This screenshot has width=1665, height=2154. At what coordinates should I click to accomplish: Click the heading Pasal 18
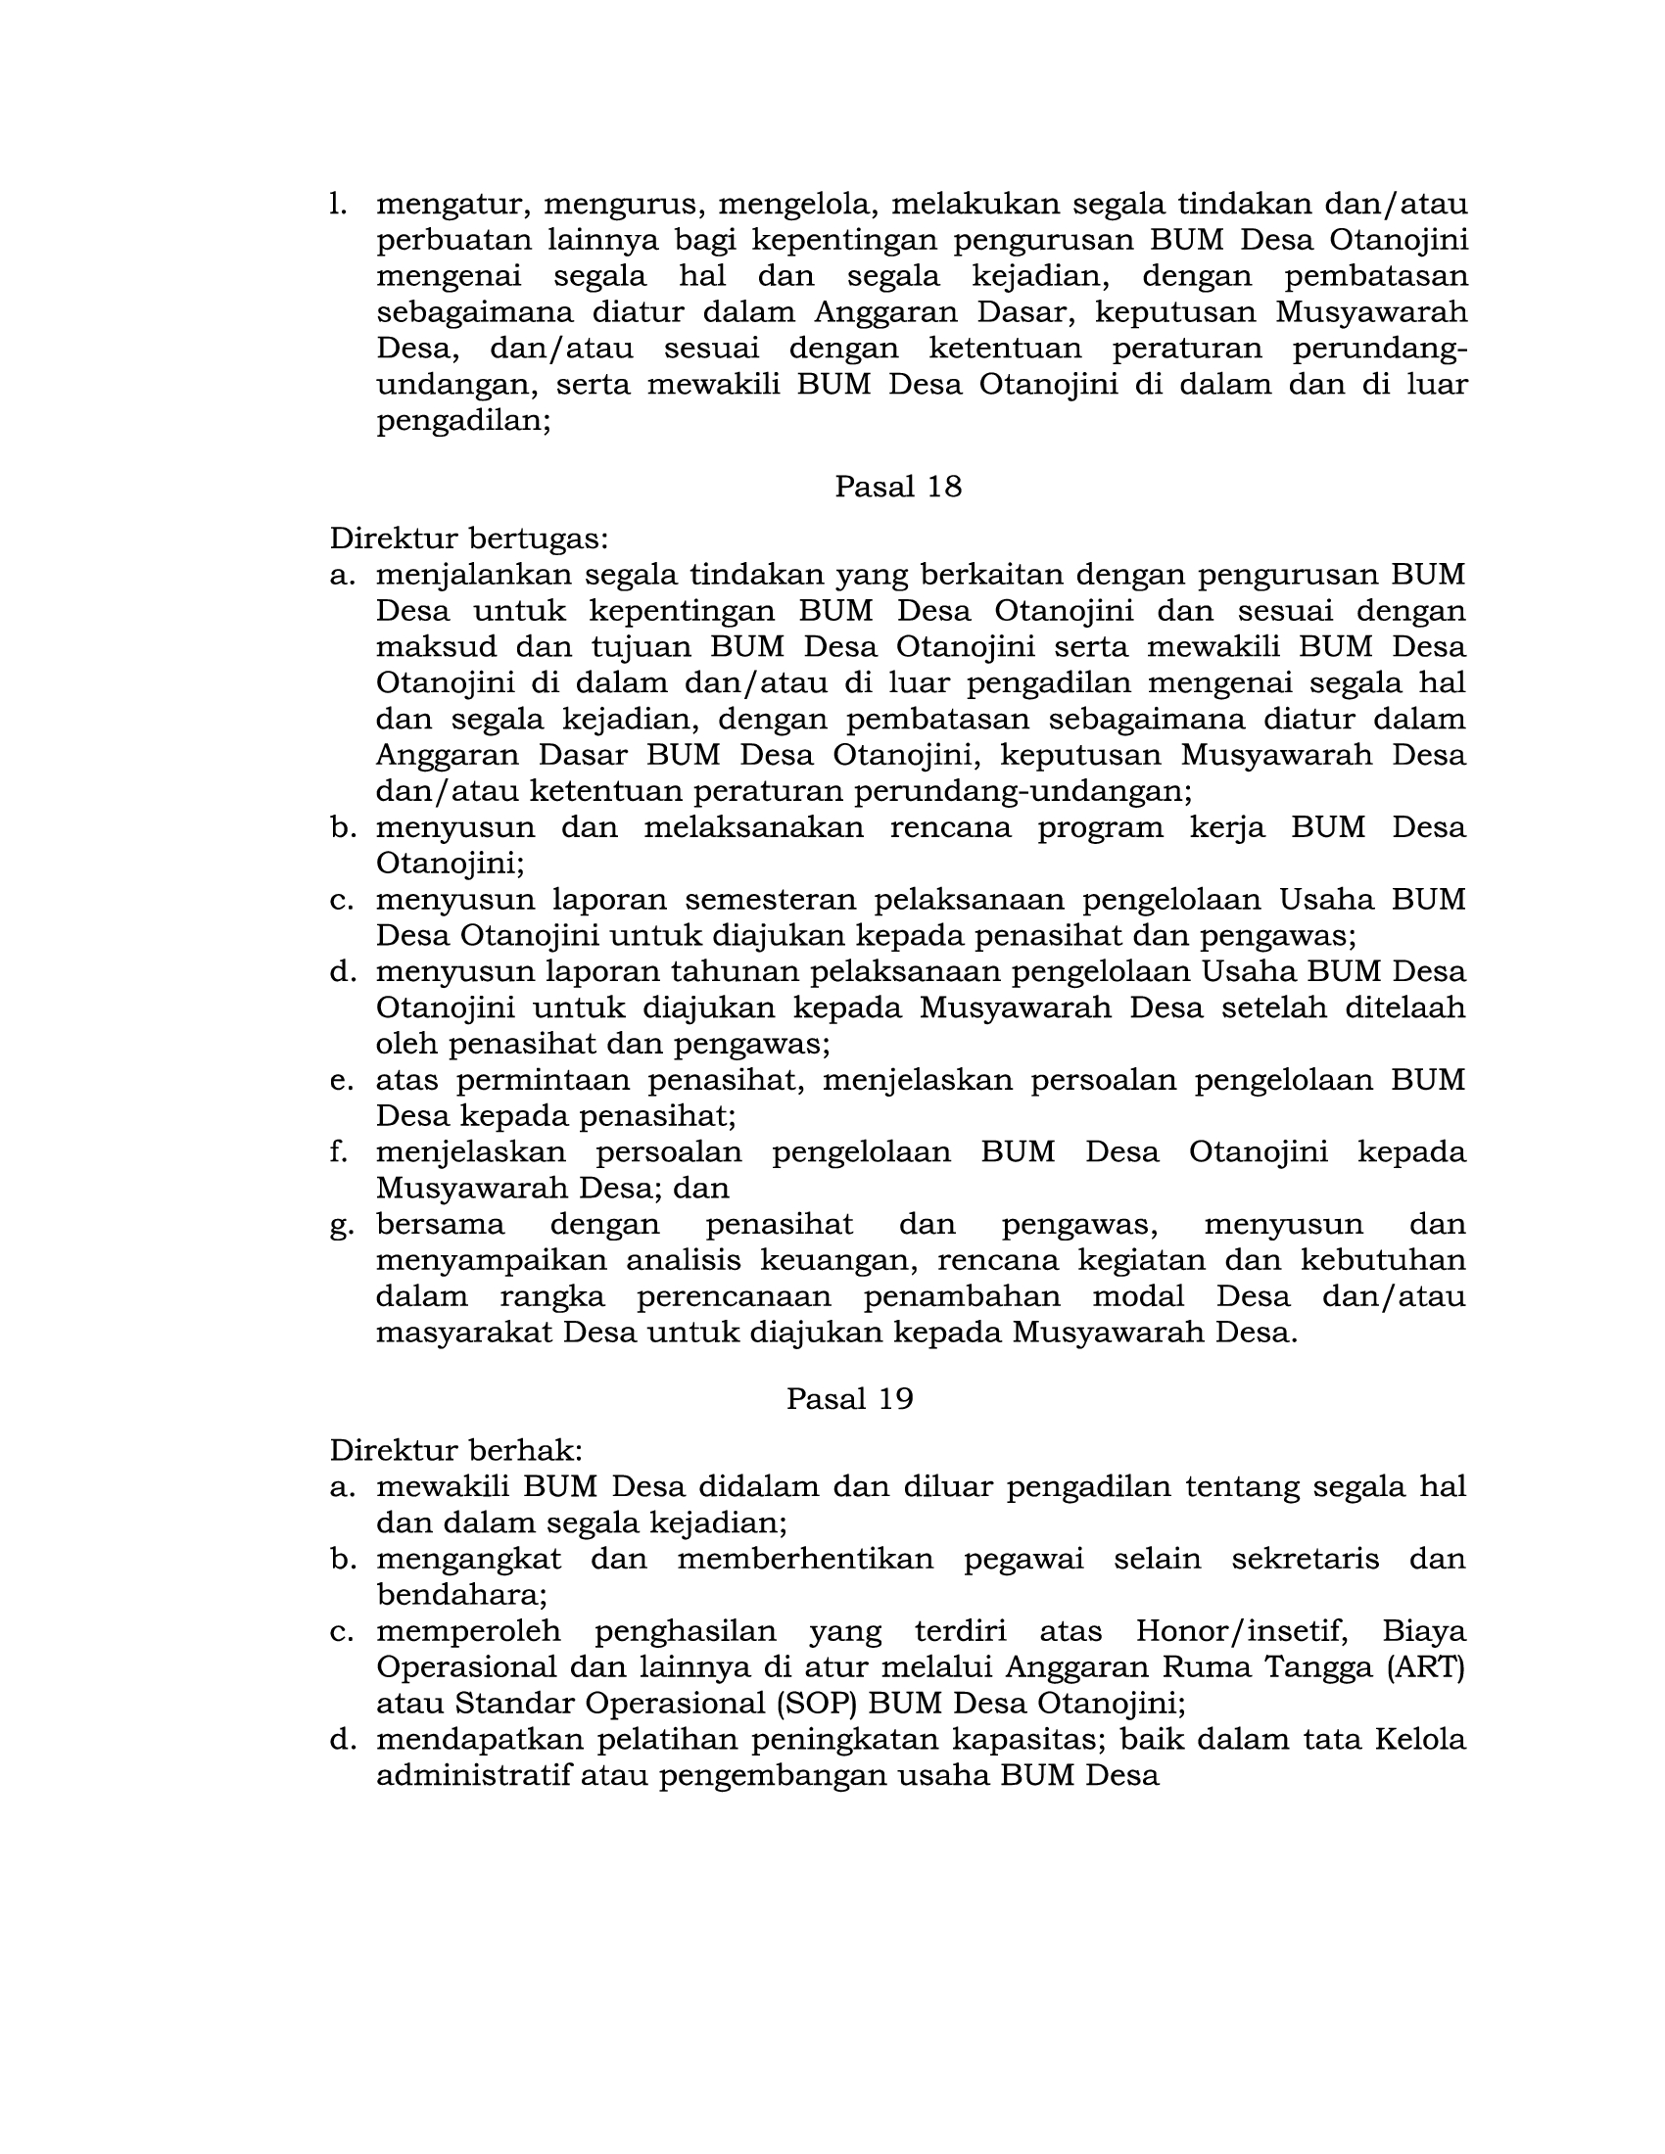point(897,487)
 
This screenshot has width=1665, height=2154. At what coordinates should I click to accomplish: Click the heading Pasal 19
point(849,1398)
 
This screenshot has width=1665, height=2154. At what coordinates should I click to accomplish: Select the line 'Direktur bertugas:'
point(468,538)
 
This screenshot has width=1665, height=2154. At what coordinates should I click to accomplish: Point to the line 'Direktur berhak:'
point(455,1451)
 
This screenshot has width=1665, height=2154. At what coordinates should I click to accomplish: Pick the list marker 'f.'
point(339,1152)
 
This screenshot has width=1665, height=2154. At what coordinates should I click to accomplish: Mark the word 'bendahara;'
point(460,1595)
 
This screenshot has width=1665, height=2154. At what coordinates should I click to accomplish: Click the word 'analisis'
point(677,1260)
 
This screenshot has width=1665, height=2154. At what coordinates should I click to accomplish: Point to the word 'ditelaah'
point(1410,1007)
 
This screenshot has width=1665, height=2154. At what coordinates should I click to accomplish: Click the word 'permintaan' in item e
point(538,1080)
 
